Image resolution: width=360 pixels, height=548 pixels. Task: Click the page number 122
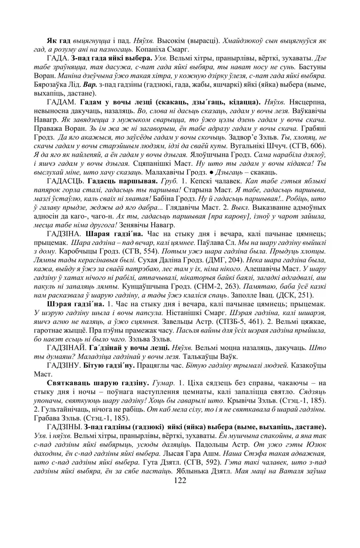pyautogui.click(x=180, y=481)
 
